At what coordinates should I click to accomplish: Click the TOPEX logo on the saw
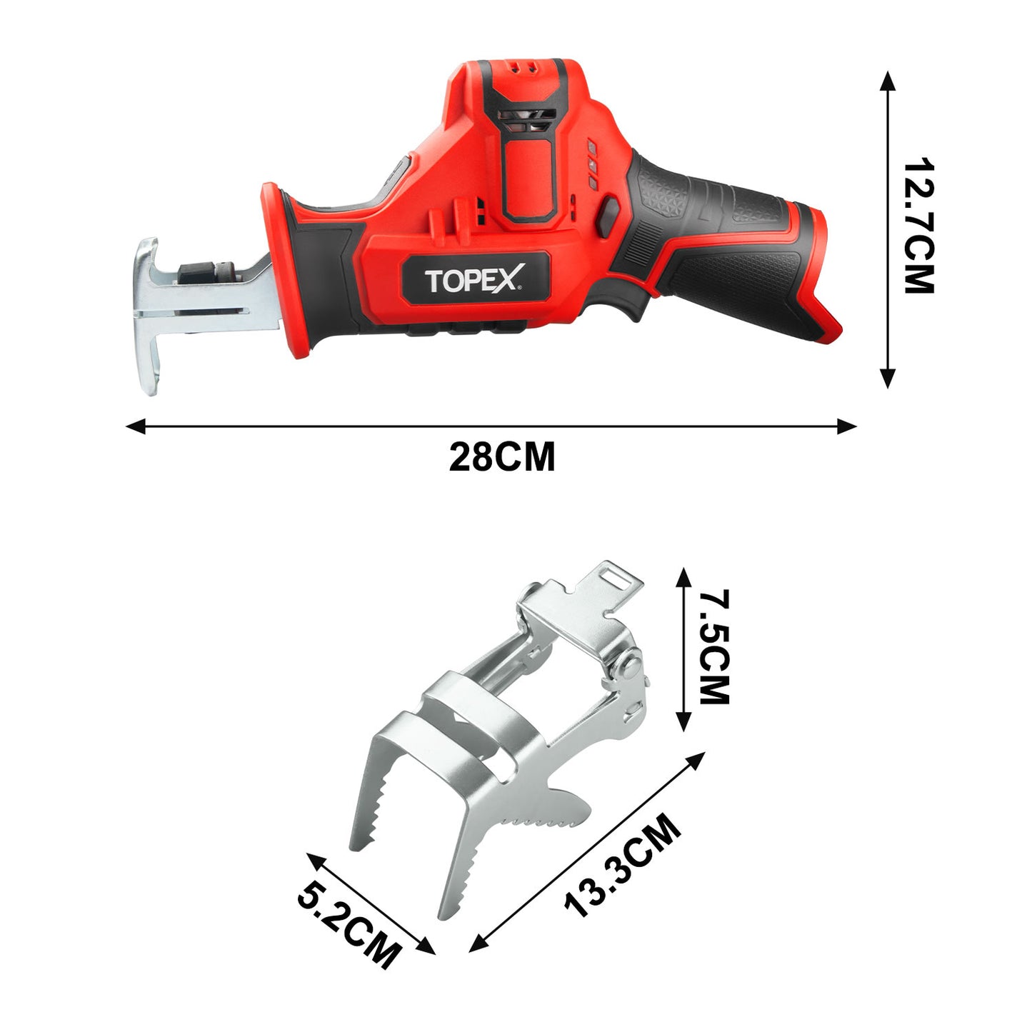tap(474, 279)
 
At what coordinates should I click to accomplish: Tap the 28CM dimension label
tap(502, 456)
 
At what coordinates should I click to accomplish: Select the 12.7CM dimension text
tap(918, 226)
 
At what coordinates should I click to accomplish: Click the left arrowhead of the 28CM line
tap(136, 426)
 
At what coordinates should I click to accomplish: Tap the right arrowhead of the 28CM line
tap(847, 426)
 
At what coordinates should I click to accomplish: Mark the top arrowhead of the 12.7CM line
tap(888, 81)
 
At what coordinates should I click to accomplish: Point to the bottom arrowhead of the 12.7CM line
tap(888, 378)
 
